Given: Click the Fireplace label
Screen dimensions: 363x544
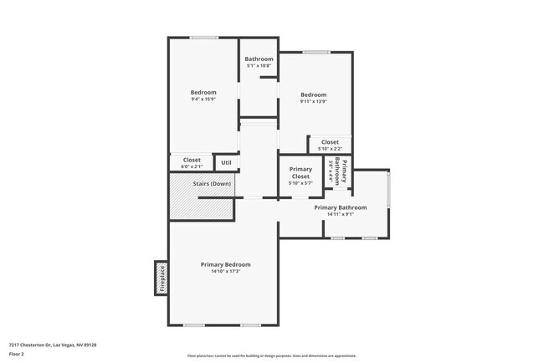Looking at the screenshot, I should pyautogui.click(x=162, y=278).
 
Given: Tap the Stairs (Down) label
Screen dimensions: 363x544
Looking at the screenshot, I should pyautogui.click(x=211, y=183).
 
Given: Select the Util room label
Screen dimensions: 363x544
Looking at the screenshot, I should pyautogui.click(x=226, y=162).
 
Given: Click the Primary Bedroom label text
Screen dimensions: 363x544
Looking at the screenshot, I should pyautogui.click(x=225, y=264).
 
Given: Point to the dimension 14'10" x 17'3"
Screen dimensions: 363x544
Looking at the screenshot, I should pyautogui.click(x=225, y=271).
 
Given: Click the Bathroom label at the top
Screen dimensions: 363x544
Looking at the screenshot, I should pyautogui.click(x=259, y=59).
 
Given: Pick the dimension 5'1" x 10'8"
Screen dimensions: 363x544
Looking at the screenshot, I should pyautogui.click(x=259, y=65).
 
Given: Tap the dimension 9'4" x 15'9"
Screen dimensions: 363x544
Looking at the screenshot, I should pyautogui.click(x=203, y=100).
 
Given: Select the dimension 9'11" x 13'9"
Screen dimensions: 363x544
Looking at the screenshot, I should pyautogui.click(x=314, y=101).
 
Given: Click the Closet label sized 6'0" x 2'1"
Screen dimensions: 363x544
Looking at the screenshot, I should pyautogui.click(x=192, y=159).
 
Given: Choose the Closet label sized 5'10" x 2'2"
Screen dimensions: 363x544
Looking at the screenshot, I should pyautogui.click(x=330, y=142).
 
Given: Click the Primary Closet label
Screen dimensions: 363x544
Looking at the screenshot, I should pyautogui.click(x=300, y=173).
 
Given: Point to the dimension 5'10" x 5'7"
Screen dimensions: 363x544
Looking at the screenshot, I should pyautogui.click(x=300, y=183).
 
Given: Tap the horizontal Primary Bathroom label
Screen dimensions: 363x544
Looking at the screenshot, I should pyautogui.click(x=341, y=207).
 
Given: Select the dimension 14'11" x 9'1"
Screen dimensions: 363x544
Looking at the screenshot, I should pyautogui.click(x=341, y=214).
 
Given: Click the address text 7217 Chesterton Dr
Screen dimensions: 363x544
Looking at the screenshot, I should pyautogui.click(x=52, y=345).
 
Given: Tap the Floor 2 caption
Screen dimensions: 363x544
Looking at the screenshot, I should pyautogui.click(x=17, y=354).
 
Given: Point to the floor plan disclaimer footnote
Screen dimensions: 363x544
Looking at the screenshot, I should pyautogui.click(x=271, y=355).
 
